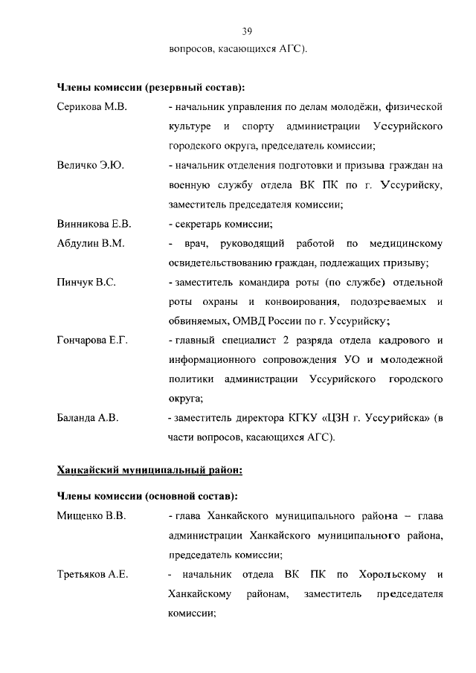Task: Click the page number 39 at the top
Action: [248, 30]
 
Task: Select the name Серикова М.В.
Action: [92, 107]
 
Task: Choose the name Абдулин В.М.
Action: [91, 243]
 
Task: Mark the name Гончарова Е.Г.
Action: [93, 341]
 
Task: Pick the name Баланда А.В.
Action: [88, 418]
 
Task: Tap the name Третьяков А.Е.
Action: [93, 574]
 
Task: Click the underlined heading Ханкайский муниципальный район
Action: [149, 470]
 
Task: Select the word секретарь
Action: [200, 224]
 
